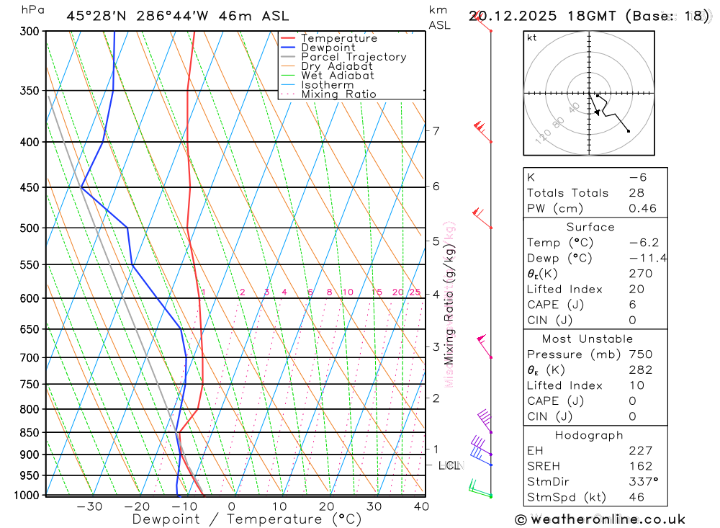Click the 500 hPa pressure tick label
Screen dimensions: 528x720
pos(30,228)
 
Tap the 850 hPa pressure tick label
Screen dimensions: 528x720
pos(30,433)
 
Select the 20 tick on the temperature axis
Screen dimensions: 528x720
pos(326,506)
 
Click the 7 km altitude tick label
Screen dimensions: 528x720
pos(436,130)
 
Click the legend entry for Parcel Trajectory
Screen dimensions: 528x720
pos(354,57)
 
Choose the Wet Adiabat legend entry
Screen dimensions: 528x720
pos(338,76)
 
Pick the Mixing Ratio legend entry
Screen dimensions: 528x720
pos(338,94)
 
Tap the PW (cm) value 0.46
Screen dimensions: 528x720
pos(642,208)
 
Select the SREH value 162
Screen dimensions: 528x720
pos(640,466)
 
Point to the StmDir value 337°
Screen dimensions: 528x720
pos(643,482)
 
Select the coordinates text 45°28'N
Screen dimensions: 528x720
pos(94,16)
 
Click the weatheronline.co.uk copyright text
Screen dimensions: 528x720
pos(600,519)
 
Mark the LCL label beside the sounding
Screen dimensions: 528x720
pos(449,465)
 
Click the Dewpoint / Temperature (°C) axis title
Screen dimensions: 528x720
pos(247,519)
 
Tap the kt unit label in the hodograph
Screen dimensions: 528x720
pos(532,37)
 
